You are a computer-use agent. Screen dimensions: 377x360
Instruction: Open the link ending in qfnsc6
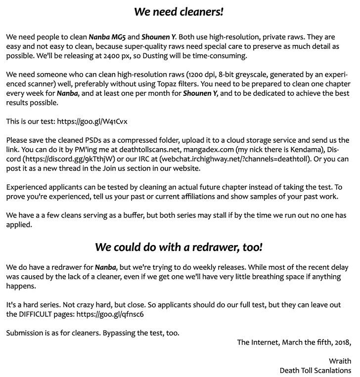point(111,314)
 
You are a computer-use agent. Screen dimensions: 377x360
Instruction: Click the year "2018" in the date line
point(341,342)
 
